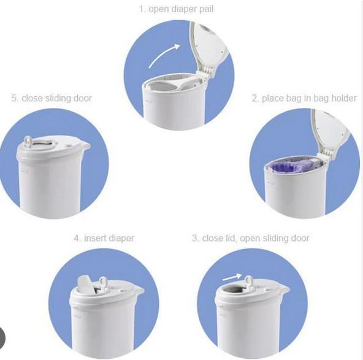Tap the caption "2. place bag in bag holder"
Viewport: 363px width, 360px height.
coord(304,98)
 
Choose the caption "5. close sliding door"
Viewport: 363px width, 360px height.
coord(52,98)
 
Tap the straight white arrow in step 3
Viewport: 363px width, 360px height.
coord(231,277)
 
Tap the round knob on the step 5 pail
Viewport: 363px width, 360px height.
coord(28,143)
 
